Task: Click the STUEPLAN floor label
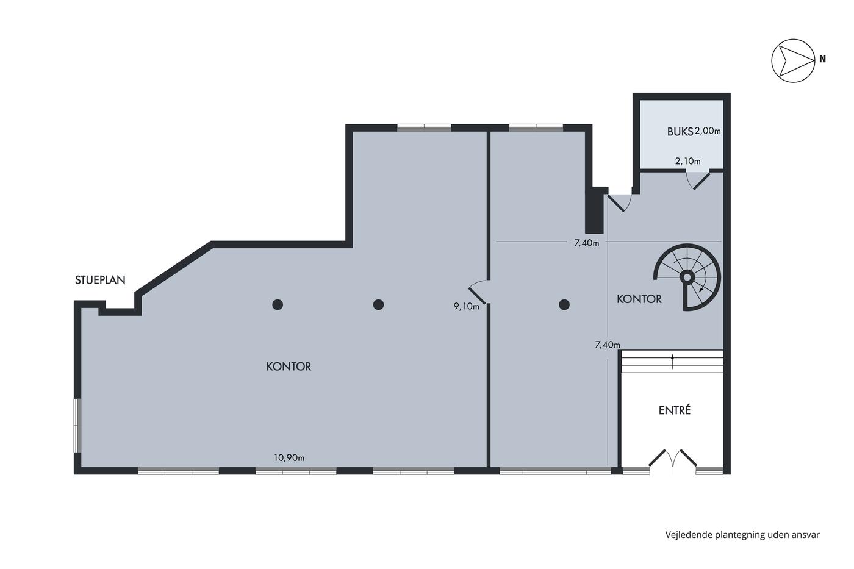pos(100,280)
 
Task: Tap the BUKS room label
pos(680,132)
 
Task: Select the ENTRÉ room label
pos(675,410)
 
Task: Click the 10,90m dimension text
pos(289,458)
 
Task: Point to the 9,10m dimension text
pos(466,306)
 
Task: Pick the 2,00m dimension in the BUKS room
pos(708,131)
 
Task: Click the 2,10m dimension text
pos(688,161)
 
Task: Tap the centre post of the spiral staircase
pos(687,277)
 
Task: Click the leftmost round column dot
pos(278,304)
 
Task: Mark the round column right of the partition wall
pos(564,304)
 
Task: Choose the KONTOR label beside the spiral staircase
pos(639,299)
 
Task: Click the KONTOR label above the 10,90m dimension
pos(289,367)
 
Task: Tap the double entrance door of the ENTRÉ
pos(673,459)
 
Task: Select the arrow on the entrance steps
pos(672,362)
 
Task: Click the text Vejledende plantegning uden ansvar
pos(742,535)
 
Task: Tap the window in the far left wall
pos(77,425)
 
